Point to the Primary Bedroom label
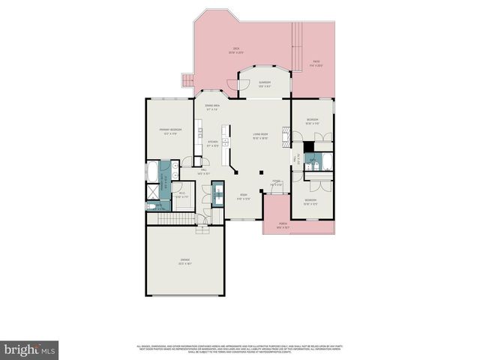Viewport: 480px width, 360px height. coord(171,132)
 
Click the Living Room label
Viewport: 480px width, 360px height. coord(260,136)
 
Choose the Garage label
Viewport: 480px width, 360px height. coord(184,262)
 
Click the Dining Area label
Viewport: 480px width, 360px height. coord(212,107)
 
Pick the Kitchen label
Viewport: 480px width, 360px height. coord(212,144)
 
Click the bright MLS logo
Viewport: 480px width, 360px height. coord(29,349)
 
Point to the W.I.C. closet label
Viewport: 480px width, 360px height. coord(182,196)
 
